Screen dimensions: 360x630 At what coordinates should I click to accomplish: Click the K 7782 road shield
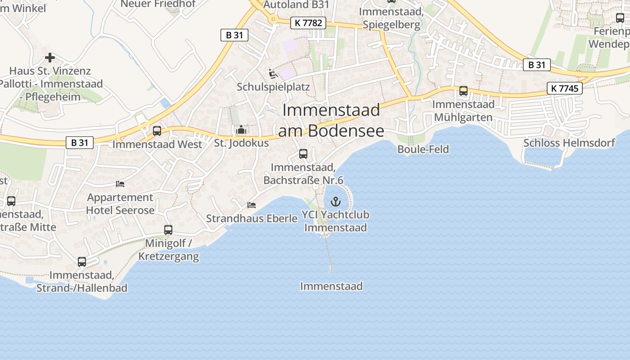tap(308, 22)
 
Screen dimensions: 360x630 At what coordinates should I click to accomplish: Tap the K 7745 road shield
tap(565, 88)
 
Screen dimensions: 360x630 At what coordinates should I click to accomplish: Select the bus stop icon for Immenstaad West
tap(157, 131)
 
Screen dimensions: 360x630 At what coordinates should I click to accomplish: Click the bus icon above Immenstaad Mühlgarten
tap(463, 91)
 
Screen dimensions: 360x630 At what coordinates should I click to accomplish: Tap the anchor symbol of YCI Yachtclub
tap(336, 201)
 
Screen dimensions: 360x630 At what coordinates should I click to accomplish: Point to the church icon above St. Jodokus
tap(241, 130)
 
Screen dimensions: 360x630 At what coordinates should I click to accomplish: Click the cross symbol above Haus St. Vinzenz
tap(50, 58)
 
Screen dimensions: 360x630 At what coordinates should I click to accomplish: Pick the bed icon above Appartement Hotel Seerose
tap(120, 184)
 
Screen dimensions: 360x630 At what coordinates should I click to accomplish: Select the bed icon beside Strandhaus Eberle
tap(252, 205)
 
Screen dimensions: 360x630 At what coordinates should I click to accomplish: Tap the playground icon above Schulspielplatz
tap(273, 73)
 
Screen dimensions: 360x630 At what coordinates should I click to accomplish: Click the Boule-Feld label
tap(423, 149)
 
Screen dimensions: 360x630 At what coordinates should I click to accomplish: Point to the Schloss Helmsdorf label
tap(569, 143)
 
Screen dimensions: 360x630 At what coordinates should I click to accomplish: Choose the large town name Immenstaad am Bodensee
tap(331, 120)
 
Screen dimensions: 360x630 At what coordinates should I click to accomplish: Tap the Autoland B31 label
tap(296, 4)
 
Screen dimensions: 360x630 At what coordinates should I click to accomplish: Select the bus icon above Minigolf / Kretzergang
tap(168, 230)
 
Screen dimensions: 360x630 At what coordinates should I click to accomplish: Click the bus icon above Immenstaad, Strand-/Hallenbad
tap(82, 262)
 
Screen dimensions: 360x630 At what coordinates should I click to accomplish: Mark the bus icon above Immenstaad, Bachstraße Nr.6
tap(303, 154)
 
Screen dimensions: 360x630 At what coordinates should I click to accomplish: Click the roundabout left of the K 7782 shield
tap(272, 19)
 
